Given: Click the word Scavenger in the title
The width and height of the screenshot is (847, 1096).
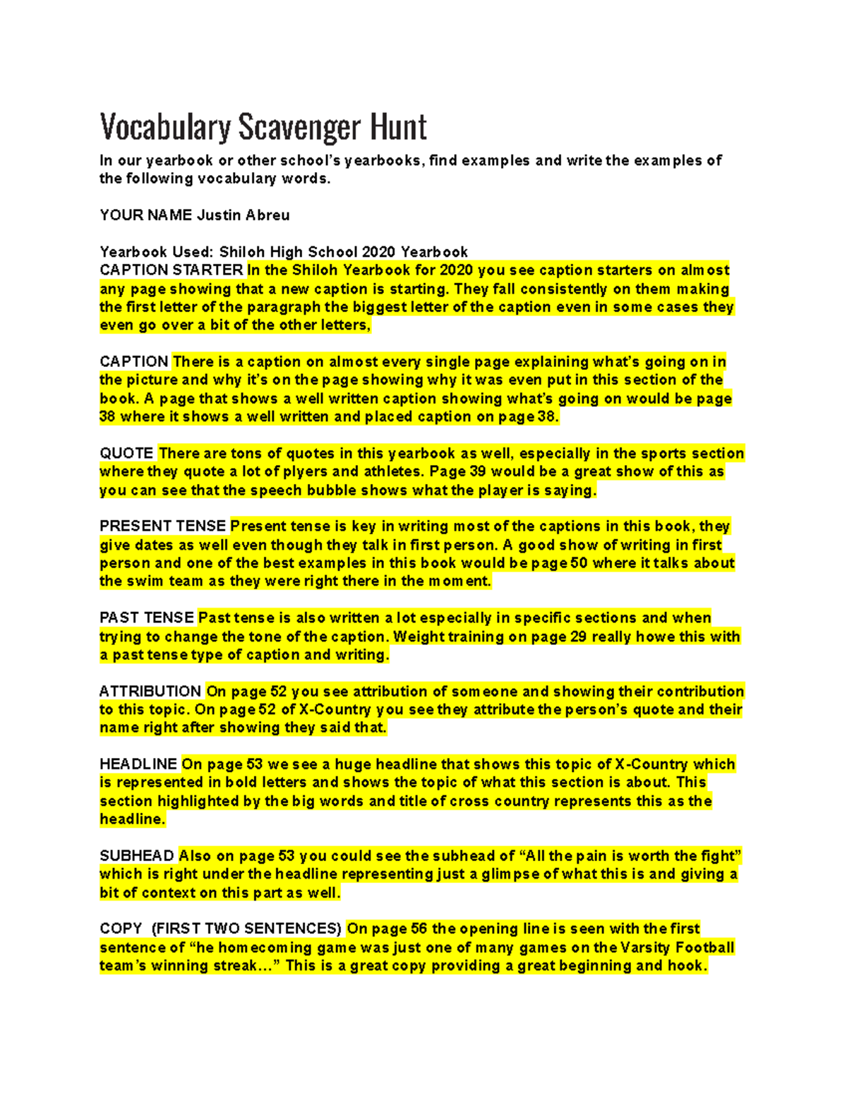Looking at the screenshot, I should [x=299, y=128].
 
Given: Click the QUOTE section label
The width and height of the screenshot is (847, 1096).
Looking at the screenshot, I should [x=126, y=453].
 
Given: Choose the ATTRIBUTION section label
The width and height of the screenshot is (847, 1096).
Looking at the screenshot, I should [x=150, y=692].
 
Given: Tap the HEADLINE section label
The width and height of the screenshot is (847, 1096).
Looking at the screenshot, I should [x=138, y=764].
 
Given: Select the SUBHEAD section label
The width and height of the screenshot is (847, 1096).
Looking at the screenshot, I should [x=137, y=856].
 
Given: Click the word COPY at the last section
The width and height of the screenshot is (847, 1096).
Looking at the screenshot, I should [x=121, y=929].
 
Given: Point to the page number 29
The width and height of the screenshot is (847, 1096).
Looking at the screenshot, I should [x=578, y=637].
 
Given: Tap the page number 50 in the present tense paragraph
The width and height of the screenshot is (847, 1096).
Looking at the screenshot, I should [x=579, y=563].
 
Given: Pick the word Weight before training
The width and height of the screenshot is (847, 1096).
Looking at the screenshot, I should [x=417, y=637].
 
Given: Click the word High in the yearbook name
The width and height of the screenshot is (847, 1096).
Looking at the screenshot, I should [x=284, y=252].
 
